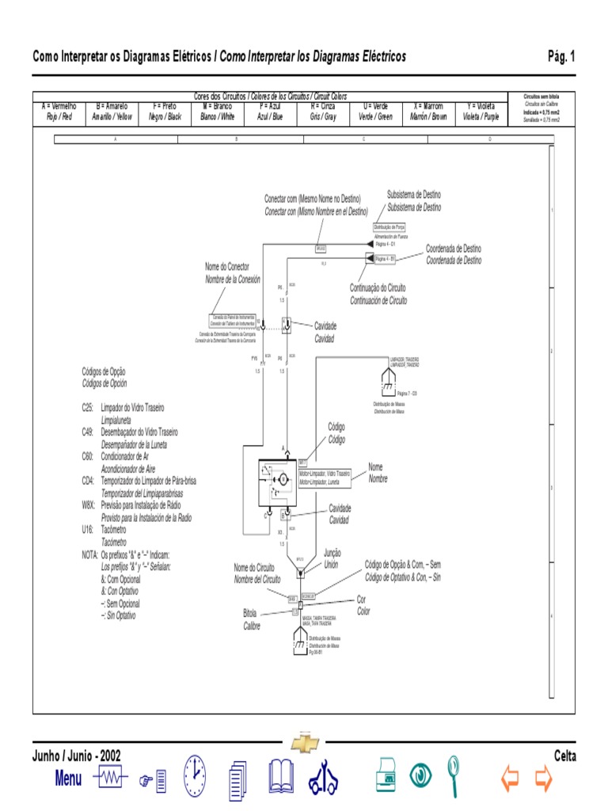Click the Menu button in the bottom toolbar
tap(68, 778)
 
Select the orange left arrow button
tap(510, 779)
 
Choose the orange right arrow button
tap(543, 779)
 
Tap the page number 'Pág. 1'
tap(561, 56)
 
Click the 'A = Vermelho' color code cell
tap(59, 111)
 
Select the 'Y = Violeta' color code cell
tap(481, 111)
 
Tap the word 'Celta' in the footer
tap(565, 756)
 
